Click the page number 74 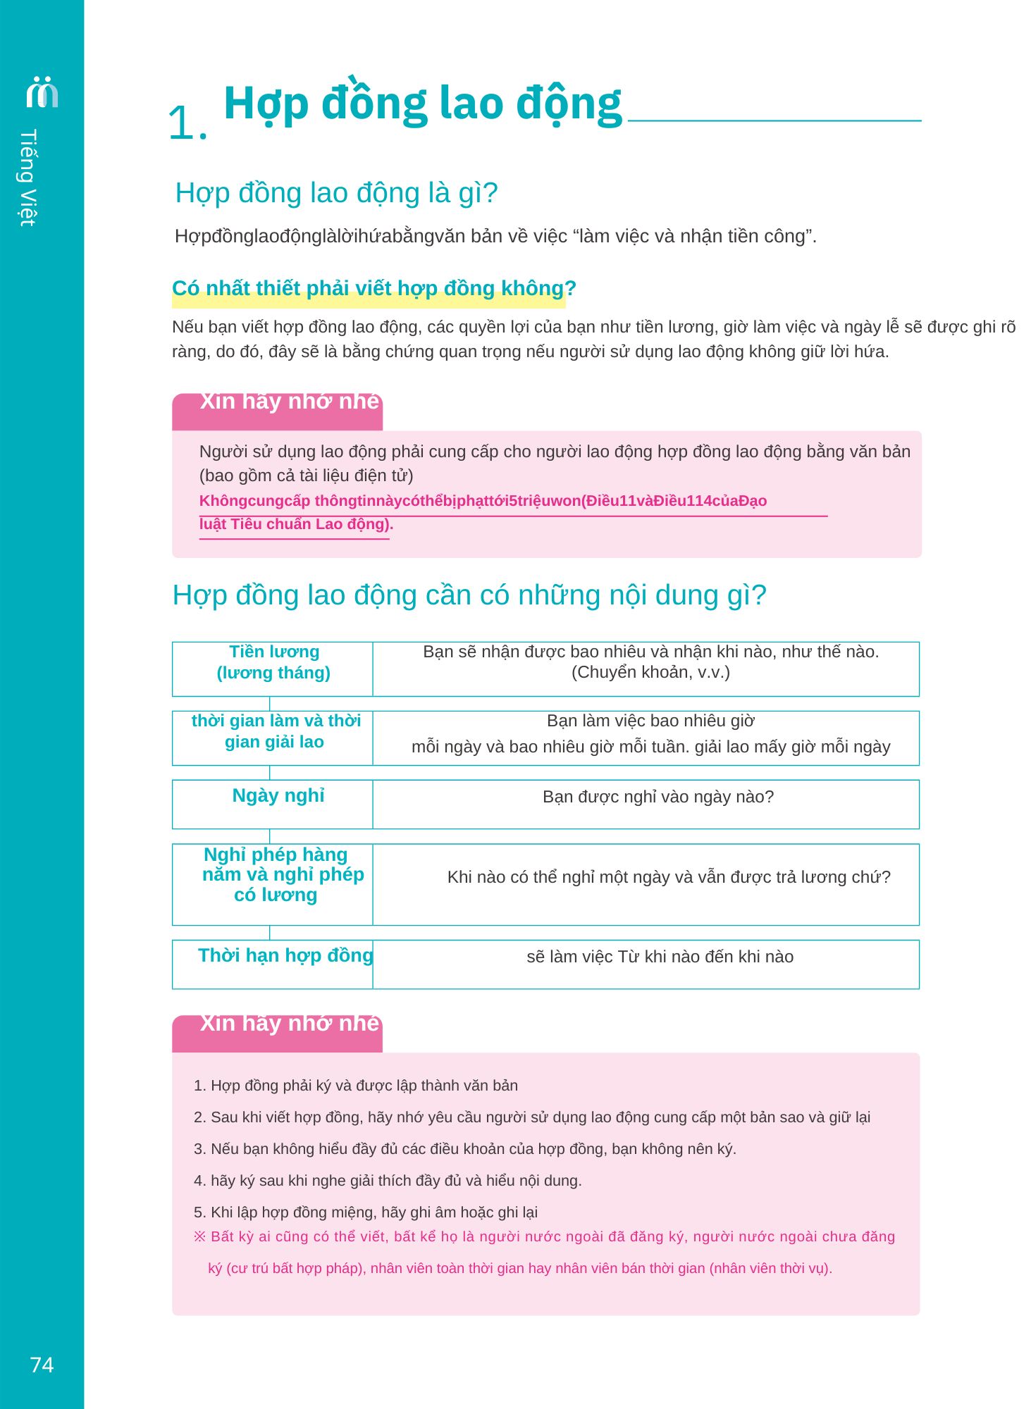tap(42, 1365)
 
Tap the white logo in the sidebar tap(42, 92)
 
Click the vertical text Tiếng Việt tap(28, 178)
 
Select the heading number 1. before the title tap(187, 123)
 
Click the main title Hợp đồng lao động tap(422, 104)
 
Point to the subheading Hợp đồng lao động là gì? tap(336, 193)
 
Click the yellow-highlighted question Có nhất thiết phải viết tap(373, 289)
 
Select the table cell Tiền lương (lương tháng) tap(273, 662)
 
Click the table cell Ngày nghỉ tap(278, 796)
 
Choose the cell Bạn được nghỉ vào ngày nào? tap(658, 797)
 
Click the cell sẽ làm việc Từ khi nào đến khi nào tap(660, 957)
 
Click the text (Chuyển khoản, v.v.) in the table tap(650, 673)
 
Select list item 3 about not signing tap(465, 1149)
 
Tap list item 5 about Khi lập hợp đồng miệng tap(366, 1212)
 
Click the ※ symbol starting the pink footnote tap(199, 1236)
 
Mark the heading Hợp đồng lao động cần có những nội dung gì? tap(469, 595)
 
